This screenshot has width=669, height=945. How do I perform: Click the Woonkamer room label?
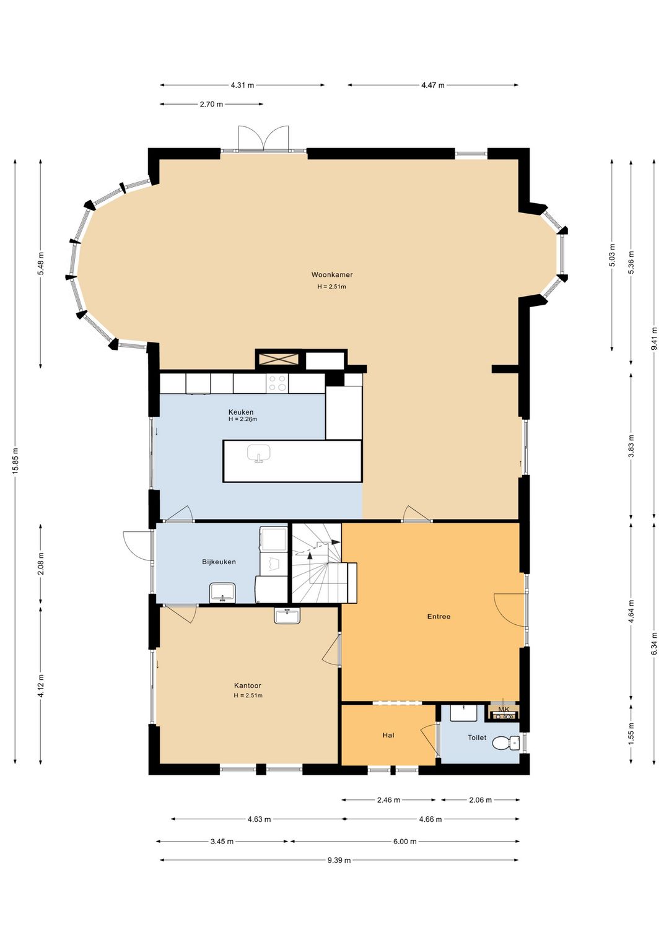pos(332,274)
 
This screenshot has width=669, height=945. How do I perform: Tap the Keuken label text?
pos(241,412)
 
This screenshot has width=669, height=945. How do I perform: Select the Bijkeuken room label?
pos(219,562)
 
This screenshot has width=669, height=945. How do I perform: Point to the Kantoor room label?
pos(248,686)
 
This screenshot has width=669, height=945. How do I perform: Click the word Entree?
pos(439,616)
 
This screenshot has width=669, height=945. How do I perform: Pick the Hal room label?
pos(388,735)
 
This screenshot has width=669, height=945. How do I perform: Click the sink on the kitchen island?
pos(258,453)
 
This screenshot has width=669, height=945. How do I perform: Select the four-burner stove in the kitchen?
pos(277,383)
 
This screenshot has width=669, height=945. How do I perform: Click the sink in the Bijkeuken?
pos(222,591)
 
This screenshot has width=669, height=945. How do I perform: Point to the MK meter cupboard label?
pos(504,710)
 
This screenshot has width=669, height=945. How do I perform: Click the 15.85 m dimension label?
pos(15,461)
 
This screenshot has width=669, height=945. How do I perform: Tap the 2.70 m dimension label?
pos(211,104)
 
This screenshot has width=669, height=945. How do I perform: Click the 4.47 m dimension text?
pos(433,85)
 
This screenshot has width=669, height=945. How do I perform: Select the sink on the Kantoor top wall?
pos(287,616)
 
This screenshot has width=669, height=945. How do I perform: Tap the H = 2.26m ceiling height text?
pos(243,419)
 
